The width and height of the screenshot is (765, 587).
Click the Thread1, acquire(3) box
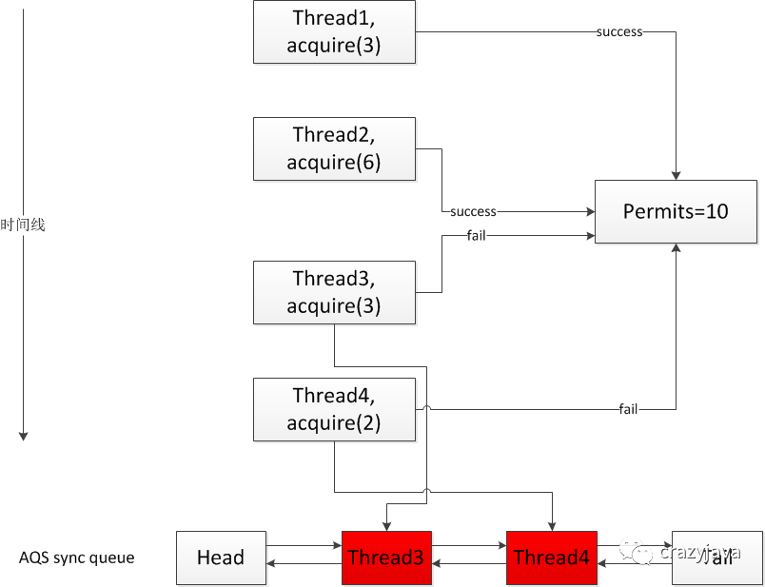point(334,32)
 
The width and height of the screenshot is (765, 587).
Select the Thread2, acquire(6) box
point(334,148)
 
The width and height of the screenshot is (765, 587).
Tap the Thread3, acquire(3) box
point(334,292)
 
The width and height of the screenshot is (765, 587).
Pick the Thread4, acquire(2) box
point(334,409)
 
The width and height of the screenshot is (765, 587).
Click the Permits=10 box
point(676,211)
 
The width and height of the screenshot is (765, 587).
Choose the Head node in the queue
point(221,558)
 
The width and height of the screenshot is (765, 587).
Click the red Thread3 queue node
point(385,558)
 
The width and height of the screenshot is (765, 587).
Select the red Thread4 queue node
point(551,558)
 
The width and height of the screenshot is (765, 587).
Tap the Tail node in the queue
point(716,558)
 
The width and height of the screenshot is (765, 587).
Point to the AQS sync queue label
point(76,558)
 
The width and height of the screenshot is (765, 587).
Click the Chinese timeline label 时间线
point(23,225)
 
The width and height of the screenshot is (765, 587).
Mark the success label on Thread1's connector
point(619,31)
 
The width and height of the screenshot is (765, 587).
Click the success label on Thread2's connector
point(473,211)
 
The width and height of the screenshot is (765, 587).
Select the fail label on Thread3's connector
point(477,235)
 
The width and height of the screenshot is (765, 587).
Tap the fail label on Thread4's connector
point(628,409)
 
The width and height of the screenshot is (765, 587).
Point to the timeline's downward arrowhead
point(23,435)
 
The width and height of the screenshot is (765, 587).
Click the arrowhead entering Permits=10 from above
point(676,174)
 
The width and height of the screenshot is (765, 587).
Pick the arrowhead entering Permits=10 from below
point(676,247)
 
